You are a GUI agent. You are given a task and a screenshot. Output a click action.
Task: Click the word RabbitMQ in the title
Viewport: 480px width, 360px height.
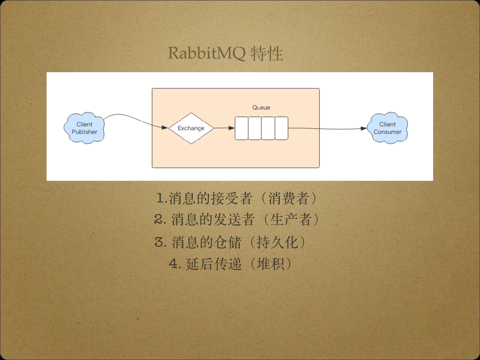207,53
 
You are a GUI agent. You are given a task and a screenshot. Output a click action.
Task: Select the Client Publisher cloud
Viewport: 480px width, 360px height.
84,128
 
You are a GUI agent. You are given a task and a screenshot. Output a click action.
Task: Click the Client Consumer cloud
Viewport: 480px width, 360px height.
388,128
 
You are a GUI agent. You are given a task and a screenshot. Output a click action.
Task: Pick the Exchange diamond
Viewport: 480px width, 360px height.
191,128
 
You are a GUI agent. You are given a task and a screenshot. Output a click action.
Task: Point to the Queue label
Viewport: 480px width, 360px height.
261,107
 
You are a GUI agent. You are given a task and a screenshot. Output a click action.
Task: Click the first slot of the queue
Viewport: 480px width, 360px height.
241,128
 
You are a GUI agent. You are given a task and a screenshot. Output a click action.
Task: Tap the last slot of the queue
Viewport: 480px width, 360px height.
281,128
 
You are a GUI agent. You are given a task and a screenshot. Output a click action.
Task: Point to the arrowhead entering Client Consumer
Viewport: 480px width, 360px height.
364,128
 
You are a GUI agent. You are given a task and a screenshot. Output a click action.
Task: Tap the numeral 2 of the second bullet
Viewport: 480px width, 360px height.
158,219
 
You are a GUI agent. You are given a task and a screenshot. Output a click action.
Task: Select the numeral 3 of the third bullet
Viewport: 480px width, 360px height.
158,242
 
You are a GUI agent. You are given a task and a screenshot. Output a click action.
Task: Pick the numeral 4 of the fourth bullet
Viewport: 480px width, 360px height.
174,264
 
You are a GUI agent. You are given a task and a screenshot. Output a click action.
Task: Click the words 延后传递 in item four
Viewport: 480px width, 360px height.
214,264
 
